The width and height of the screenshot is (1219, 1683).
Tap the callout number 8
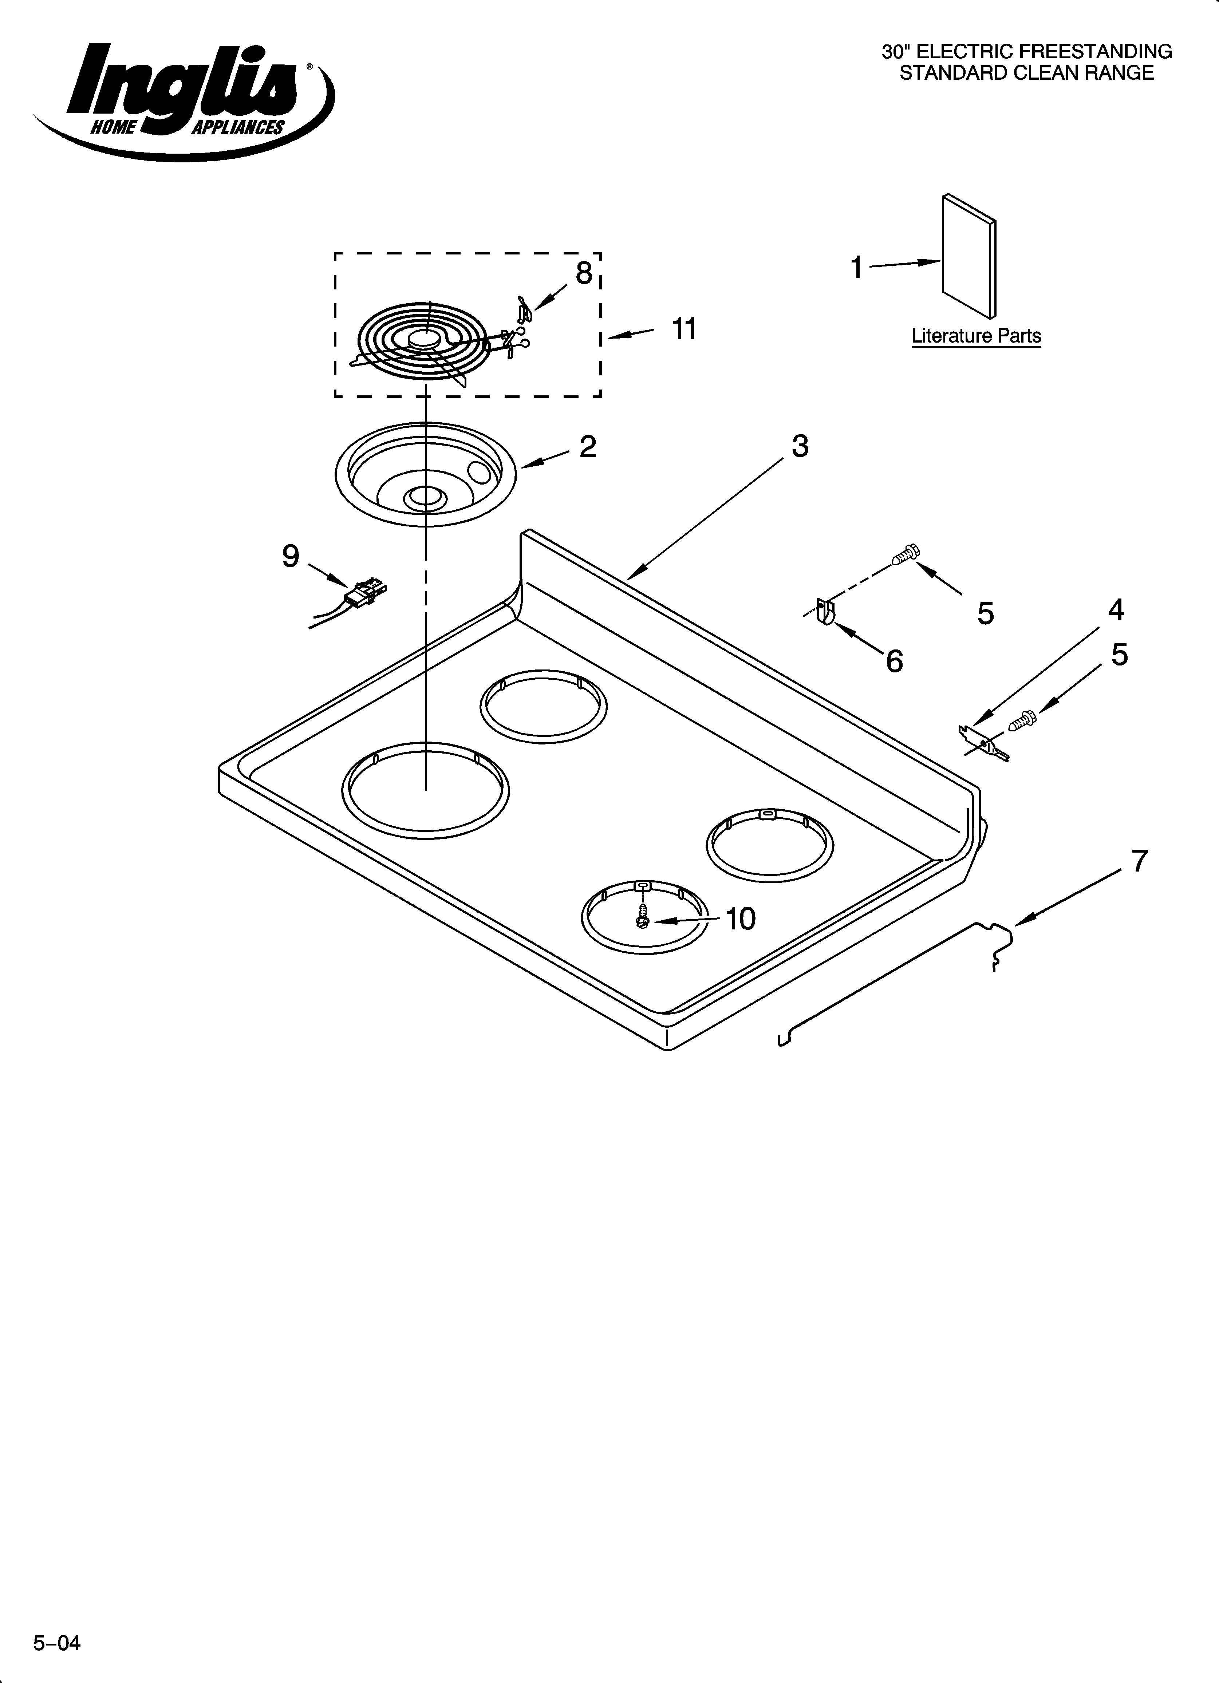(584, 273)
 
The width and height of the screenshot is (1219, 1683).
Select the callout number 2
(587, 447)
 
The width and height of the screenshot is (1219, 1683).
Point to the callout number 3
(800, 446)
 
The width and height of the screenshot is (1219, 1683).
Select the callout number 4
(1116, 610)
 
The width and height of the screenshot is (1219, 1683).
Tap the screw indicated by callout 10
(642, 917)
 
